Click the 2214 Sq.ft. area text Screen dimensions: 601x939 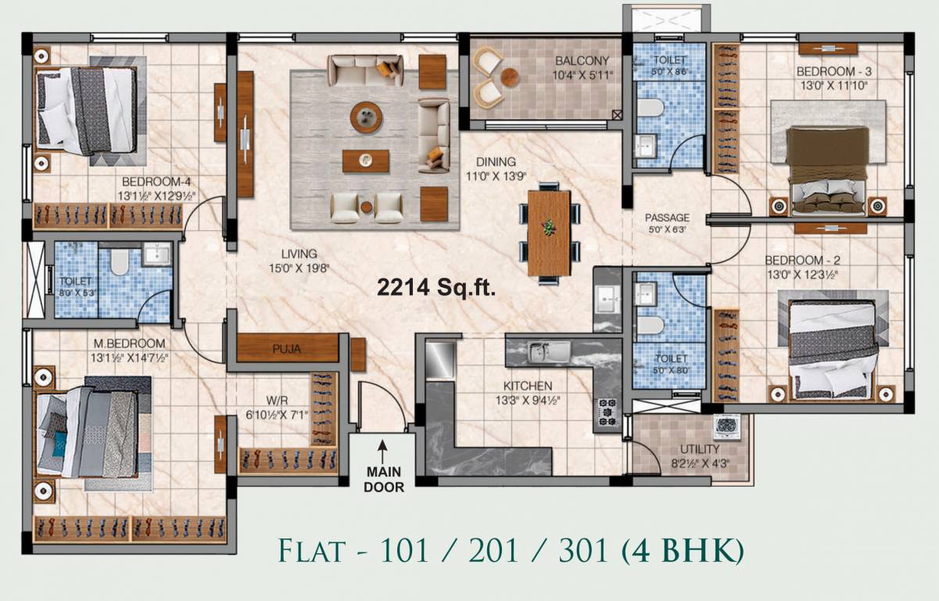436,288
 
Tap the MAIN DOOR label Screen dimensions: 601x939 383,479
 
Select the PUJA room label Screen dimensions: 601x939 287,349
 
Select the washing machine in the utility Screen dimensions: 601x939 727,427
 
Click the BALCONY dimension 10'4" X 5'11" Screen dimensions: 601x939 582,75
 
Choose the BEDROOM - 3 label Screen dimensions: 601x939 833,71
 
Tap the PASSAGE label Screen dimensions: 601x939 667,218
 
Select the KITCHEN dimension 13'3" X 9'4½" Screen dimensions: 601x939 529,400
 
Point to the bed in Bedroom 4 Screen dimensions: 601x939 88,110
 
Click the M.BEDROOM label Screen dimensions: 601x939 129,344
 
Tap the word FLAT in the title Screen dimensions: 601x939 310,551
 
